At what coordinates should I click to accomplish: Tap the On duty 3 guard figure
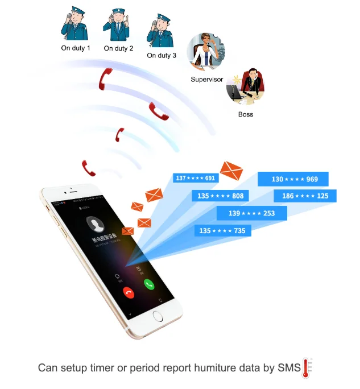tap(160, 30)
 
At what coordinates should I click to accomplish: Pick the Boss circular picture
tap(246, 87)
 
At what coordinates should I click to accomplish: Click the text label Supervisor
tap(206, 80)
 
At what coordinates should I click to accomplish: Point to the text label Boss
tap(246, 114)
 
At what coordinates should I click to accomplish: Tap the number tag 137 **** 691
tap(195, 178)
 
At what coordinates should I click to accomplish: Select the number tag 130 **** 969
tap(294, 179)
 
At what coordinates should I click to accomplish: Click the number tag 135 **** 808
tap(221, 196)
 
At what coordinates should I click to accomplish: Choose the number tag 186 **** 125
tap(305, 196)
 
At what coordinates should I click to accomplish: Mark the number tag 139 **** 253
tap(251, 213)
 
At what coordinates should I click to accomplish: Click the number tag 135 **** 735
tap(222, 230)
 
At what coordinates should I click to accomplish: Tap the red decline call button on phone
tap(129, 292)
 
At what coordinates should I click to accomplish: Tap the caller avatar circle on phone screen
tap(94, 224)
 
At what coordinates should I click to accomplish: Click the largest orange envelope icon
tap(231, 169)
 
